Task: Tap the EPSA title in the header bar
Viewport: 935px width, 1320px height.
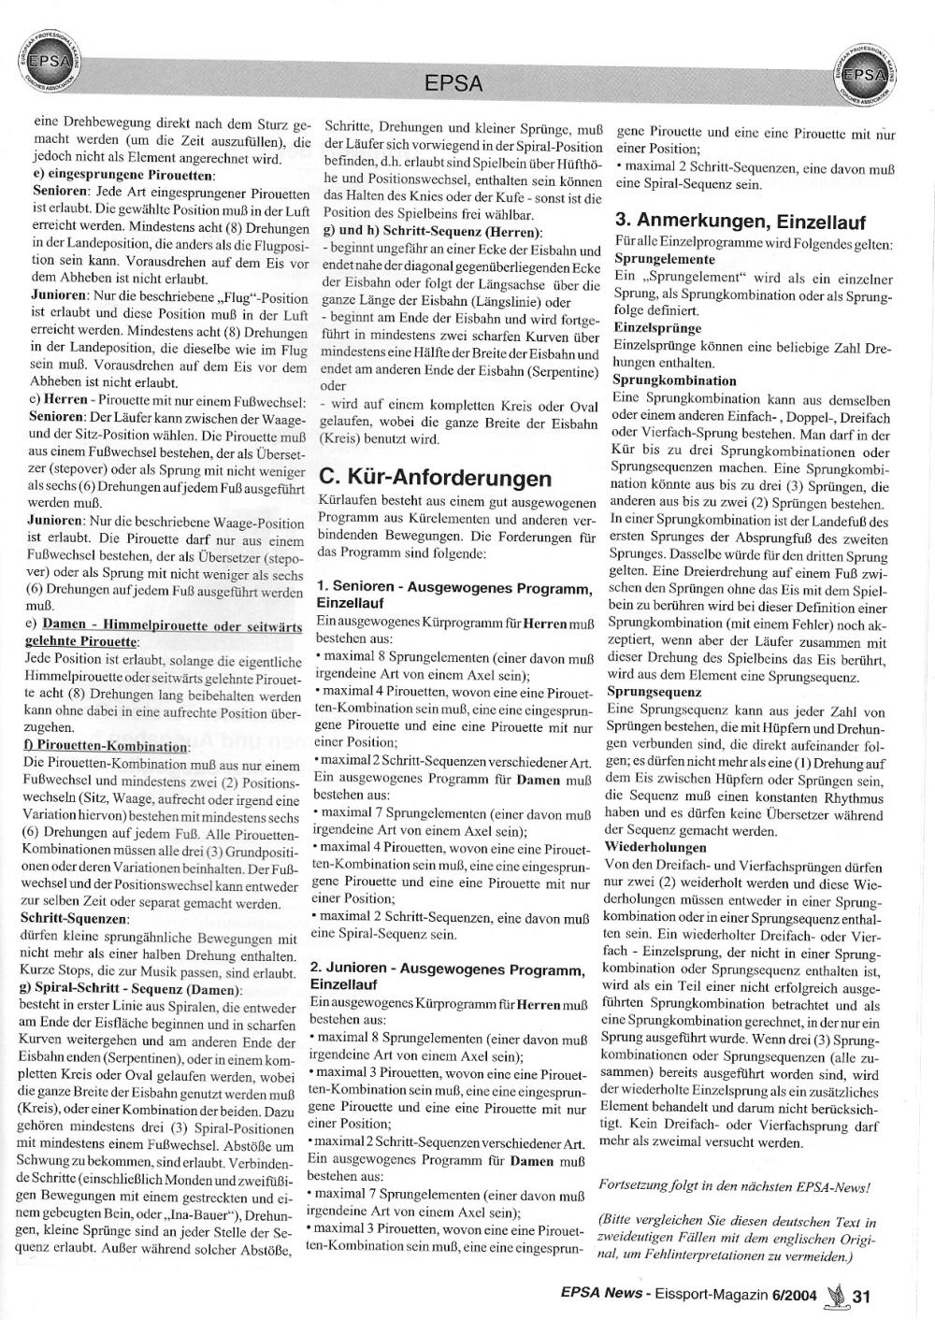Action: (453, 84)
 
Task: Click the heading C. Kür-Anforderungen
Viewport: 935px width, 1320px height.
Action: (436, 479)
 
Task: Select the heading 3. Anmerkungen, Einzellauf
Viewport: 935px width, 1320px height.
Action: (741, 222)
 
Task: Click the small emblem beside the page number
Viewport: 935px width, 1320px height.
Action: (835, 1295)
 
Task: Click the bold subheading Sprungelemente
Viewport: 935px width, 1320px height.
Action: (665, 259)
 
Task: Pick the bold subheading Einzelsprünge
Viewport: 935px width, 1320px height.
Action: (657, 328)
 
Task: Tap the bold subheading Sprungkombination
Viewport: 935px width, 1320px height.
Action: (674, 380)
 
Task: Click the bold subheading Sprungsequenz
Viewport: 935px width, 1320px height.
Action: (654, 692)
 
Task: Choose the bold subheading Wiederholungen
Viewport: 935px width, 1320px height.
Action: (656, 847)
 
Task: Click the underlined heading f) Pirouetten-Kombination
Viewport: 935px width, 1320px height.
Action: (106, 746)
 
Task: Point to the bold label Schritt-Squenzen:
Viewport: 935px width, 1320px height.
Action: (74, 919)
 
